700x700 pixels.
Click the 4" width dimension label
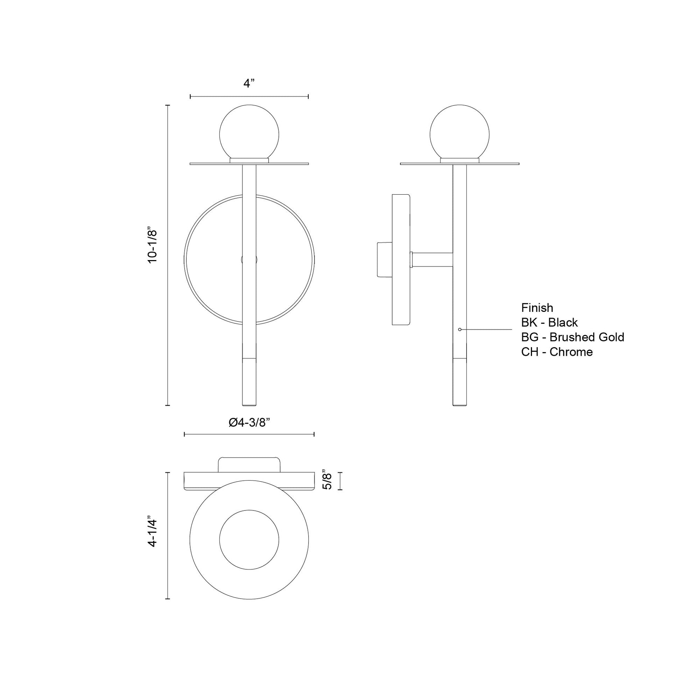click(x=249, y=84)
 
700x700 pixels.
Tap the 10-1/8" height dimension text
click(x=153, y=245)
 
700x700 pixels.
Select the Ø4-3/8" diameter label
click(x=250, y=423)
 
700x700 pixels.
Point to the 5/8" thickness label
click(x=328, y=481)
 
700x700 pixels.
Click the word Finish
click(x=537, y=308)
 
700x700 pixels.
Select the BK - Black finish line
click(x=549, y=322)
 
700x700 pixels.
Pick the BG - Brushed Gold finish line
click(x=572, y=337)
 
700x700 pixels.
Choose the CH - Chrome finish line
click(x=557, y=352)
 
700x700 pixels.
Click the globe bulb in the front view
click(x=249, y=133)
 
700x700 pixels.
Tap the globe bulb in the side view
click(x=459, y=133)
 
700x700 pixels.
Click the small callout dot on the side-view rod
click(x=459, y=329)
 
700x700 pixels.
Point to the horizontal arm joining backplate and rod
click(x=433, y=259)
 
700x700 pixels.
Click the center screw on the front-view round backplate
click(x=249, y=259)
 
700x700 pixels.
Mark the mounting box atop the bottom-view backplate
click(x=249, y=464)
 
